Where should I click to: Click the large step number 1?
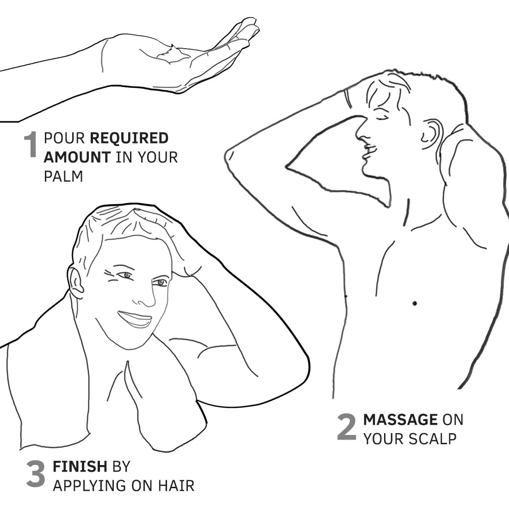tap(31, 144)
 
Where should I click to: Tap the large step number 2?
tap(347, 427)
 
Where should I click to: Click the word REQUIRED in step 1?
tap(129, 138)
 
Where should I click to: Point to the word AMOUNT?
tap(77, 157)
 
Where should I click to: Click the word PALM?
tap(63, 176)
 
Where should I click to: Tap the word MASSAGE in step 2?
tap(400, 419)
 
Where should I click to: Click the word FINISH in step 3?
tap(80, 466)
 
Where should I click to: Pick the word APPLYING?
tap(90, 486)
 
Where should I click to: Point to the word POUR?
tap(64, 138)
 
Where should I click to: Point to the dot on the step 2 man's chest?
tap(415, 304)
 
